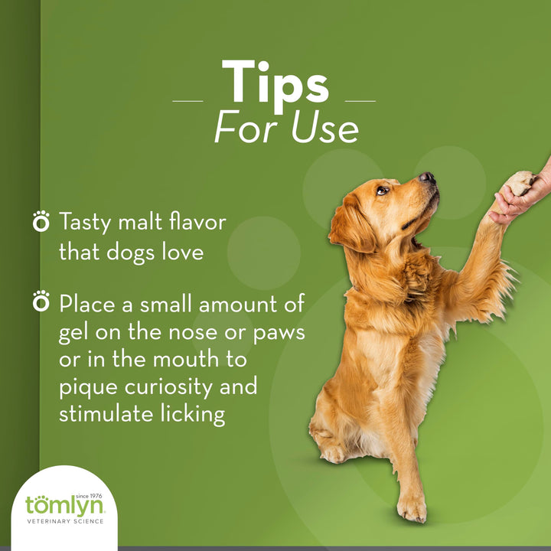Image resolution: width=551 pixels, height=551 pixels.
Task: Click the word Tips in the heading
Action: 275,83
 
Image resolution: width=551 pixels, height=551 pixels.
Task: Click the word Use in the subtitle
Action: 324,129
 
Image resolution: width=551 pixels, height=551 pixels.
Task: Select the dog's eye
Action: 383,190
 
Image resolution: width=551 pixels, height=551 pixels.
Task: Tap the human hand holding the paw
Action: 528,191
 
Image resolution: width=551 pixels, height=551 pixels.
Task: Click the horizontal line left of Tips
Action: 187,100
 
